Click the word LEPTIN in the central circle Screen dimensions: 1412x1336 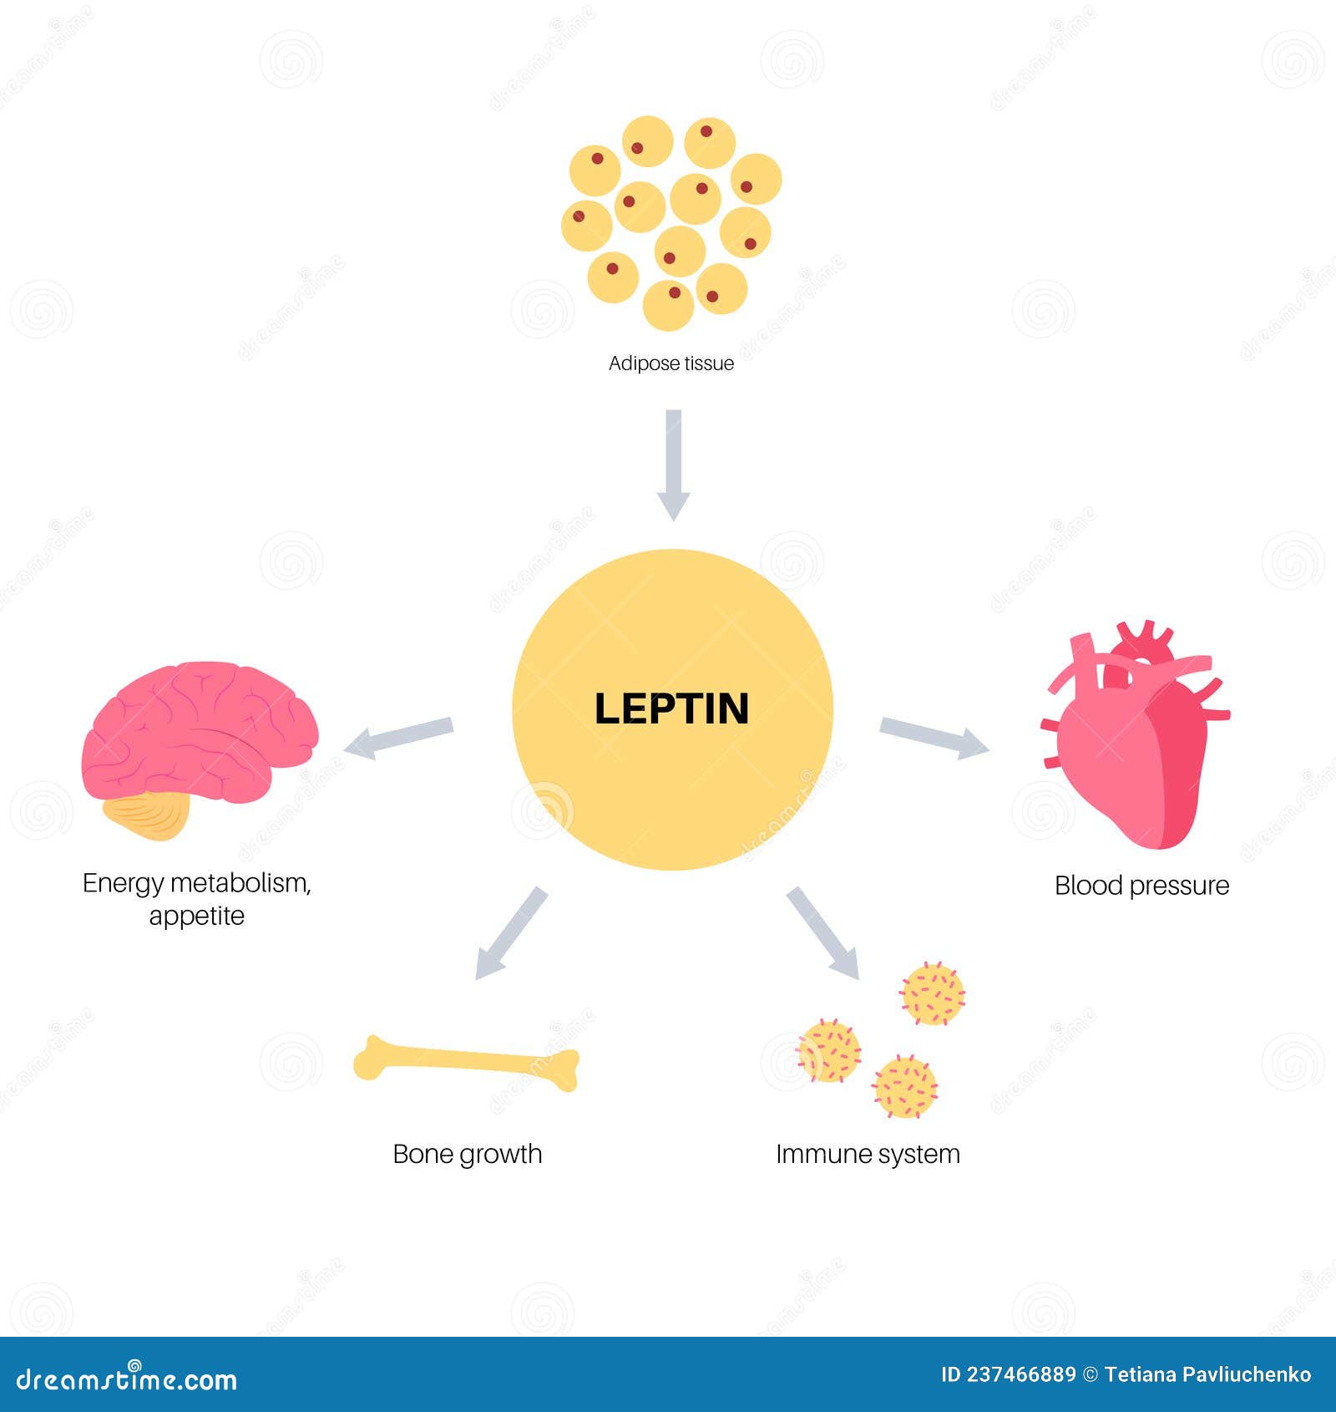click(x=671, y=709)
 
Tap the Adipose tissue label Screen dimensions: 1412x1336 click(x=671, y=363)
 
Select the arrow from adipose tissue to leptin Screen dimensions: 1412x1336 click(x=673, y=465)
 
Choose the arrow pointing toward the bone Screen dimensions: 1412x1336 click(x=510, y=933)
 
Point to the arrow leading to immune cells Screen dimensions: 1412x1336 click(x=822, y=932)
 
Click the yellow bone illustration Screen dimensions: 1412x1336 click(x=466, y=1063)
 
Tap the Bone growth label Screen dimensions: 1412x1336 click(x=468, y=1154)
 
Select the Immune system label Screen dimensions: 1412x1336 click(x=868, y=1154)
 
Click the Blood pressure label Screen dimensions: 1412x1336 click(x=1141, y=885)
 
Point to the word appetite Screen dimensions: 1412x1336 click(x=197, y=916)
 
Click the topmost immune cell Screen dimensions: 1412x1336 click(x=932, y=993)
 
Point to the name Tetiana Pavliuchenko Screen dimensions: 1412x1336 click(x=1207, y=1375)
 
